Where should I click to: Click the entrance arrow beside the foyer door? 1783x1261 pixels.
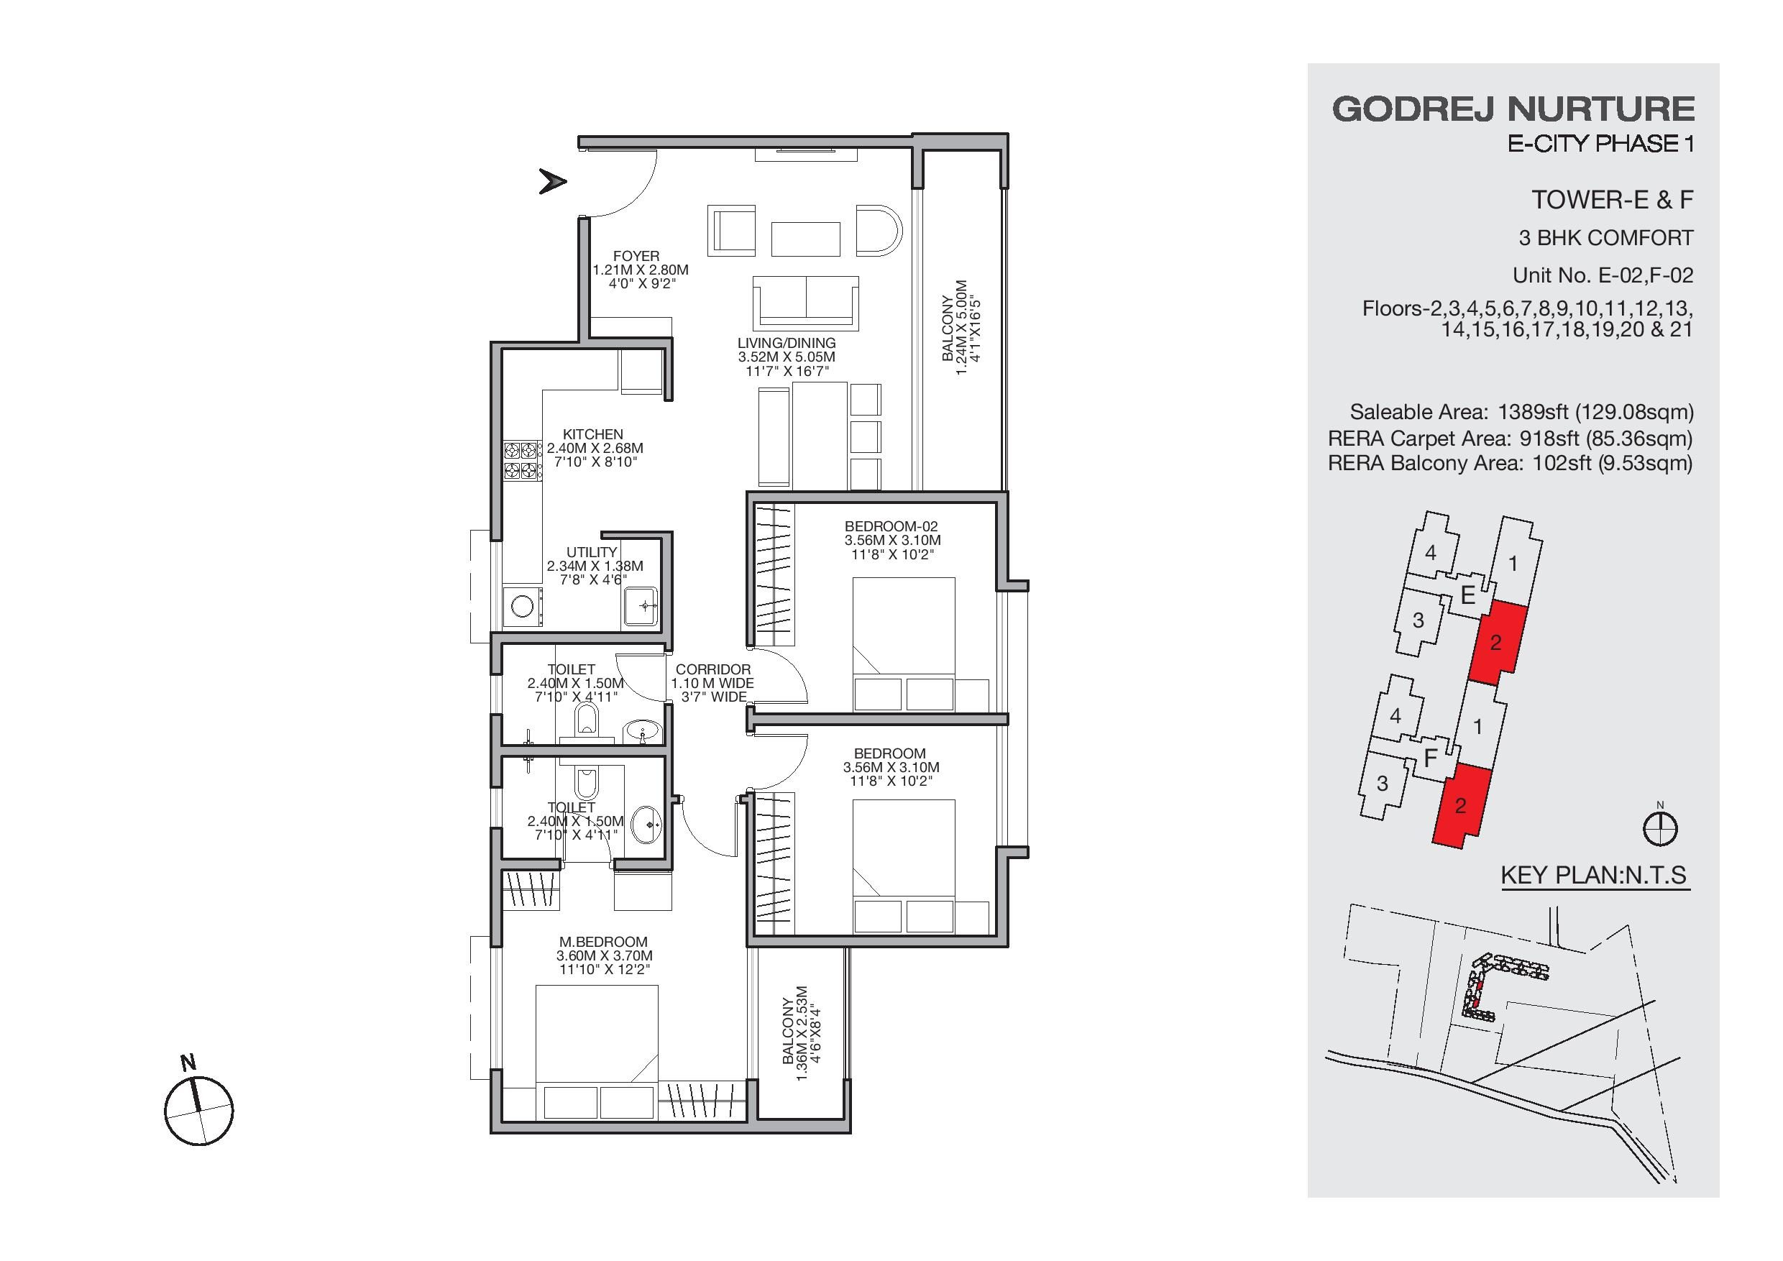coord(552,182)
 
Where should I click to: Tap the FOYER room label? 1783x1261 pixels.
coord(636,256)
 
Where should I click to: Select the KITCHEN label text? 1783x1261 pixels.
coord(593,435)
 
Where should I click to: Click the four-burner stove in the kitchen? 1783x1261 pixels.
coord(521,459)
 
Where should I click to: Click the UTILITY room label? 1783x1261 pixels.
coord(592,553)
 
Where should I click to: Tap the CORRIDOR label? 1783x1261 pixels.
coord(713,669)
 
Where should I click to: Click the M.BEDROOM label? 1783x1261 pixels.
coord(603,943)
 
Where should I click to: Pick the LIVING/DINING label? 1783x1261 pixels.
coord(787,343)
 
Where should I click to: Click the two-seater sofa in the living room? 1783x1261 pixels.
coord(805,303)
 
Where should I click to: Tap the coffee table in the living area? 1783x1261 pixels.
coord(805,239)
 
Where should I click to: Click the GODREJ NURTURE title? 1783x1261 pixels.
coord(1513,109)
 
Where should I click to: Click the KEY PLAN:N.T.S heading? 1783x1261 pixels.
coord(1595,875)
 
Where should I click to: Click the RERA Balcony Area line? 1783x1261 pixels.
coord(1511,464)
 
